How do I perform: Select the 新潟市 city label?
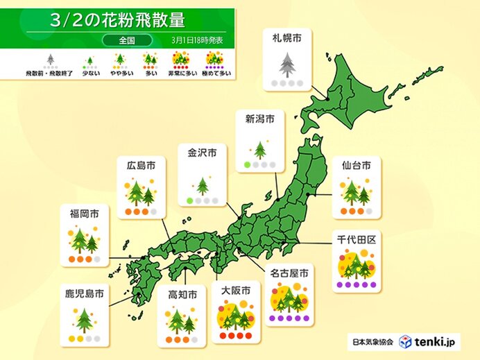coord(260,119)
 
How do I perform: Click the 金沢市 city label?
coord(202,152)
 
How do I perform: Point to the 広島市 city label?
coord(141,165)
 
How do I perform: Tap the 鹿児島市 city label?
coord(84,295)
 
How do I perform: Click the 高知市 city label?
coord(182,295)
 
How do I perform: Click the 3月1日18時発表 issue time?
coord(197,41)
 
